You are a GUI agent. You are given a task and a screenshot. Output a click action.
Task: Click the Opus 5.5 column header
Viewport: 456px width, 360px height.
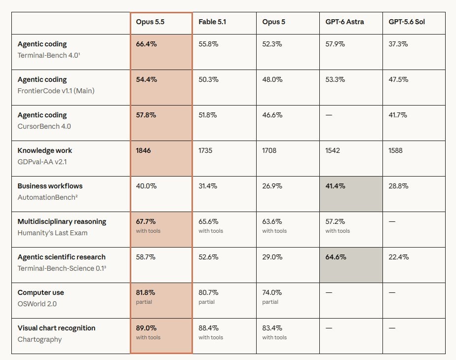(150, 22)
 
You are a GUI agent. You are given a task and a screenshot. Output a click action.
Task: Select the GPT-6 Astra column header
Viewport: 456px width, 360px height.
(344, 22)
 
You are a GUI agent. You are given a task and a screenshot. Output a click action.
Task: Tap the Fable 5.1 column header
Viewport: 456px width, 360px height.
(212, 22)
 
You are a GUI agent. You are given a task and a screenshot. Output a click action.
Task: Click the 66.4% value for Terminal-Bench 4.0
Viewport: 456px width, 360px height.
(146, 44)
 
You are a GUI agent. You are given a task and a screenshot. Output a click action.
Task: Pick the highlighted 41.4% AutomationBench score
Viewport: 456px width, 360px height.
(335, 186)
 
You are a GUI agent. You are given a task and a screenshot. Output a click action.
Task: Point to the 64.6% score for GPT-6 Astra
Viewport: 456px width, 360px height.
(336, 257)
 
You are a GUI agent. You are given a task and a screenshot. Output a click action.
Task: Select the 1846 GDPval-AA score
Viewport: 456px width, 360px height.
(144, 150)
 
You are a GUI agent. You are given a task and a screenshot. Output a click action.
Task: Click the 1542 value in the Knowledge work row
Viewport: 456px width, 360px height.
(333, 150)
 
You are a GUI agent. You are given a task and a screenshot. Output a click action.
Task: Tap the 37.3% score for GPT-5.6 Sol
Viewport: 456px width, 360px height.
(398, 44)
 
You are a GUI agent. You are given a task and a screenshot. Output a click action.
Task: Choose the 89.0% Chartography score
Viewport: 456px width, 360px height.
(146, 328)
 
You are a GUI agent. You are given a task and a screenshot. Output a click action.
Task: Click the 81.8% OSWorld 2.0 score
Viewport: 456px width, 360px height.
(146, 292)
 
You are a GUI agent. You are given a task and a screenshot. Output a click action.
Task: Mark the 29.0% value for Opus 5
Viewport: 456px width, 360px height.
(272, 257)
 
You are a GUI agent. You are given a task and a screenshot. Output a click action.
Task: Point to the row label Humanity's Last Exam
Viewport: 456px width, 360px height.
(52, 233)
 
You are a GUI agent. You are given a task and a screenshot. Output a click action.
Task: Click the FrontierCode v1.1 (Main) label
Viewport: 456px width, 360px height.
(56, 91)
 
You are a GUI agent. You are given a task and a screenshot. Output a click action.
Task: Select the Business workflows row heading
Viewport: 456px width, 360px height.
(50, 186)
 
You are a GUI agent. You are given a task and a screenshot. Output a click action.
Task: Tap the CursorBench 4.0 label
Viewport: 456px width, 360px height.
(44, 126)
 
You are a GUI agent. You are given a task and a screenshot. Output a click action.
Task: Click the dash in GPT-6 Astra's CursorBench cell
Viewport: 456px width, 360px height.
(329, 115)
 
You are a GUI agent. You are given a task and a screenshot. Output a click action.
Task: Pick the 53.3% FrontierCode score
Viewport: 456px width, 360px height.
(335, 79)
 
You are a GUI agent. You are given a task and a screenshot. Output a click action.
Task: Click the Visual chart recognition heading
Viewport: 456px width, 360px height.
(56, 328)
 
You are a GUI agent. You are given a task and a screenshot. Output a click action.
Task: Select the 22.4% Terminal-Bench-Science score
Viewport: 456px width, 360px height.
(399, 257)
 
